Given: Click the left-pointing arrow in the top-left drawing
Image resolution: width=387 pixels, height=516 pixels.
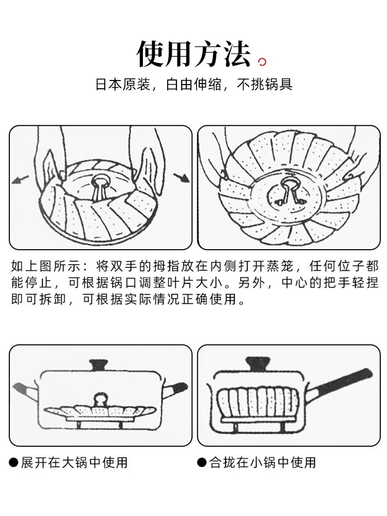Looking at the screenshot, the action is pos(21,180).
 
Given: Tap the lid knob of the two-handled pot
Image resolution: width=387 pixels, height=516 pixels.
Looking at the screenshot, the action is pos(100,365).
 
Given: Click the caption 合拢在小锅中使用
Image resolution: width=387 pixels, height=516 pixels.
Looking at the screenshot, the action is pos(262,462).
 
